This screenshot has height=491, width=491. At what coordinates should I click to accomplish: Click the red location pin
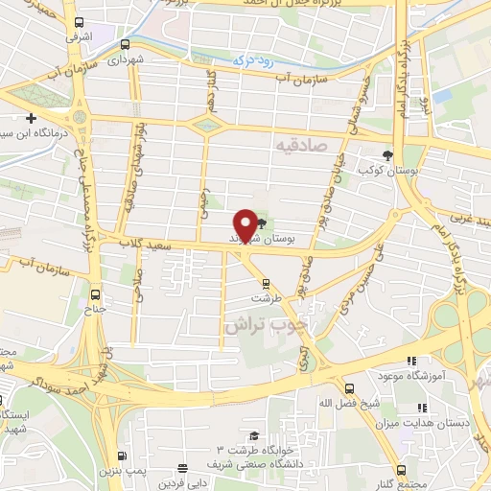pyautogui.click(x=246, y=223)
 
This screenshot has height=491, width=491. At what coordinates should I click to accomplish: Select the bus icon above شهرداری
pyautogui.click(x=126, y=44)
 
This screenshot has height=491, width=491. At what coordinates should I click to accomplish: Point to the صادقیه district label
pyautogui.click(x=300, y=146)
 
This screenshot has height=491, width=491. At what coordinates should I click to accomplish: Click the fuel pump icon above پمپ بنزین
pyautogui.click(x=122, y=456)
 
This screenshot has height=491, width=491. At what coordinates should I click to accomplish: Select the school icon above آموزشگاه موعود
pyautogui.click(x=410, y=362)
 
